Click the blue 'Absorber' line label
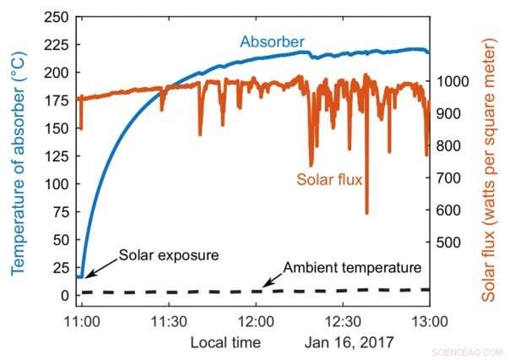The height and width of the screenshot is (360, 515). coord(272,41)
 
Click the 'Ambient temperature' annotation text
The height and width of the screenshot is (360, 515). coord(351,268)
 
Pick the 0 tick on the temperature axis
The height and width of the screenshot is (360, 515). coord(64,295)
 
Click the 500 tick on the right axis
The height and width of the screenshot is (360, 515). coord(449,243)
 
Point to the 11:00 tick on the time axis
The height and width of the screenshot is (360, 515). coord(82,322)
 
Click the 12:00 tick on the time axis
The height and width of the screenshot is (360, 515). coord(256,322)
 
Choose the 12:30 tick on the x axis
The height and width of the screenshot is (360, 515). coord(342,322)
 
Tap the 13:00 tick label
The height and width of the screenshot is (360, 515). coord(429,322)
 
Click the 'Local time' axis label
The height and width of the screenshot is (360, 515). coord(225,342)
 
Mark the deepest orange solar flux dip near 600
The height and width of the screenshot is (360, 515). coord(366,211)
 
